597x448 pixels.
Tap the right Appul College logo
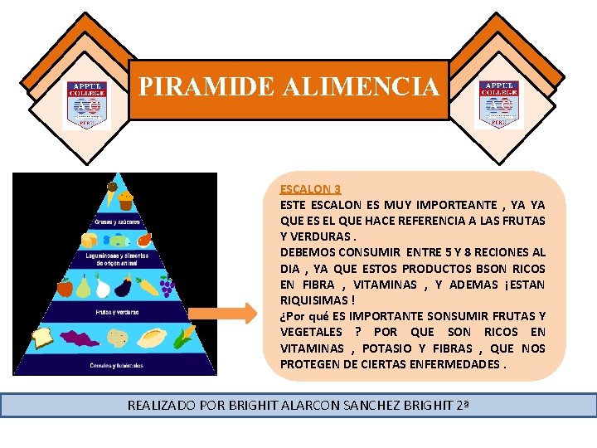coord(499,105)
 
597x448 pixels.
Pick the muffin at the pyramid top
coord(126,200)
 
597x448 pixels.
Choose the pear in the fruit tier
coord(84,287)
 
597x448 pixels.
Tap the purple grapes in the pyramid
coord(166,287)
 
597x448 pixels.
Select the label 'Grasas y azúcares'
coord(115,222)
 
